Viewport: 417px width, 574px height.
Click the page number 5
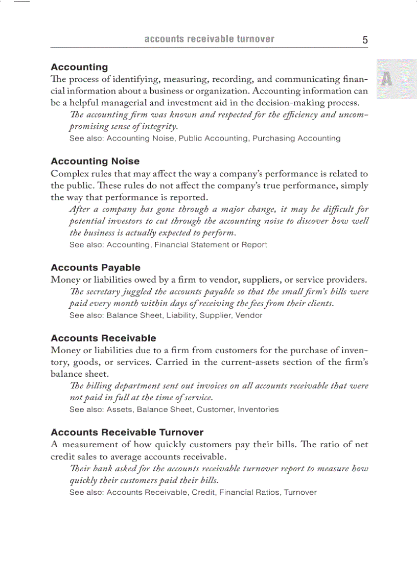365,40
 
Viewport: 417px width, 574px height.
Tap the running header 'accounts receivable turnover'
209,39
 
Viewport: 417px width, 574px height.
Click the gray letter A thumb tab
387,79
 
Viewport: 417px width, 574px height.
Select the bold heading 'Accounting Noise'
95,162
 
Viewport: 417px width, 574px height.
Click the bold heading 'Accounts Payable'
96,268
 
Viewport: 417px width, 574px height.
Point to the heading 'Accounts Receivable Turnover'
127,432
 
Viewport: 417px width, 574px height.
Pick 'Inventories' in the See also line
258,409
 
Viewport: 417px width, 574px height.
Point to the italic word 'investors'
122,221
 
